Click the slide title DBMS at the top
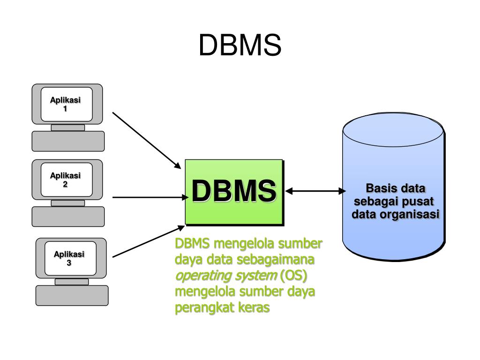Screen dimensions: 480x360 click(x=240, y=45)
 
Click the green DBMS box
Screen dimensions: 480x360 click(x=234, y=192)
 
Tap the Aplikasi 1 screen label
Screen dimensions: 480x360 click(x=65, y=104)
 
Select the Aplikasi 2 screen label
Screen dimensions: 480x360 click(x=65, y=180)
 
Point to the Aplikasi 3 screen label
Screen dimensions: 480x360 click(x=69, y=258)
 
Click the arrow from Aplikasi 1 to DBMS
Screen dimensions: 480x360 click(x=147, y=140)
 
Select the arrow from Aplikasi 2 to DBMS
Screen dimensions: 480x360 click(x=150, y=197)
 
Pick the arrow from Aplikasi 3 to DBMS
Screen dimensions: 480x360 click(x=149, y=241)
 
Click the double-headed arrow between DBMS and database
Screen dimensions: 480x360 click(x=315, y=191)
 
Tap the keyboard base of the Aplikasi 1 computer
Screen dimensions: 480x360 click(x=68, y=141)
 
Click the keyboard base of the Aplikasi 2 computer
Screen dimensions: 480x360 click(x=68, y=217)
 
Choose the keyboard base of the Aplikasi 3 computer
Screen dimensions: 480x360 click(x=72, y=295)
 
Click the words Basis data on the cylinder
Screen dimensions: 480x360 click(x=396, y=188)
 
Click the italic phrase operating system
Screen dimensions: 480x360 click(x=226, y=276)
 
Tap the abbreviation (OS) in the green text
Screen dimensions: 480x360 click(x=293, y=276)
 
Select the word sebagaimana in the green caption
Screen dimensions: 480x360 click(x=276, y=260)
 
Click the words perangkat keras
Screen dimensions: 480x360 click(x=222, y=307)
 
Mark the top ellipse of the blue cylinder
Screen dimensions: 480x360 click(x=393, y=129)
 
